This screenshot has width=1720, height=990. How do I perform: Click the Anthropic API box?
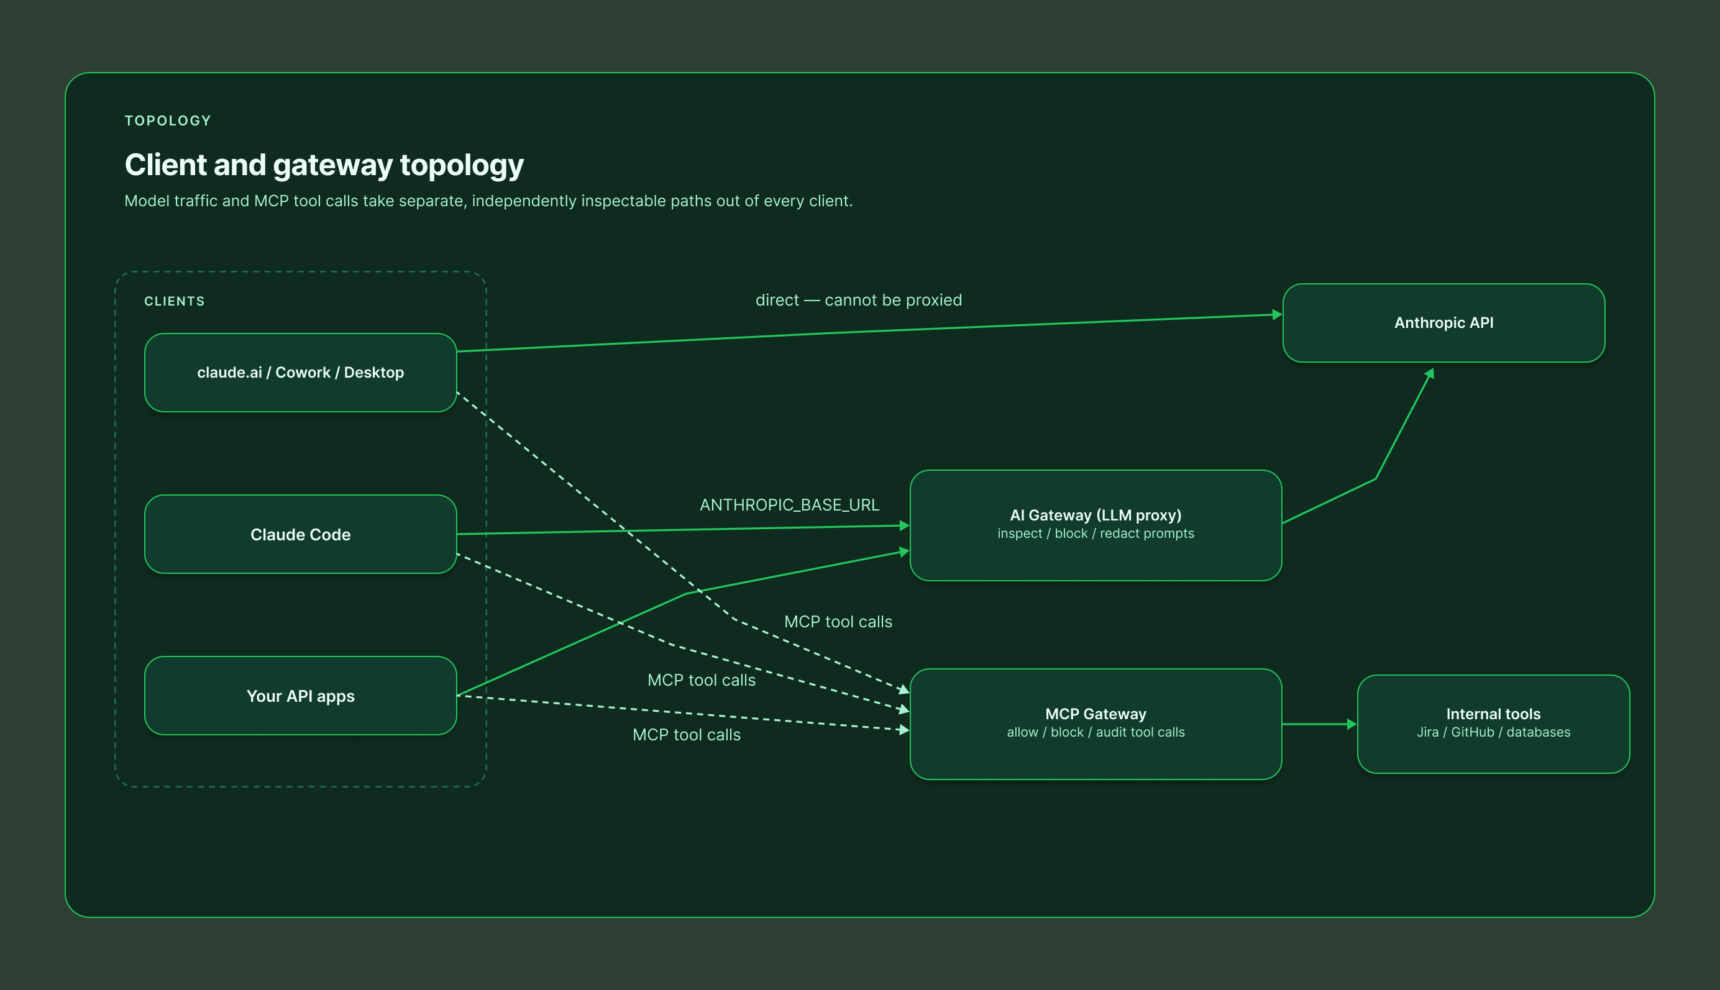coord(1443,323)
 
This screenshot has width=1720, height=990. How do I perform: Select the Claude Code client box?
coord(301,534)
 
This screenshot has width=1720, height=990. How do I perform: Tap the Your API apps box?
coord(301,696)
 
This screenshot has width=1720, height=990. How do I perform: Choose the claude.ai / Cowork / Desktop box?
coord(301,373)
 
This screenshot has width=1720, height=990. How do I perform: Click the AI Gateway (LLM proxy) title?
coord(1096,515)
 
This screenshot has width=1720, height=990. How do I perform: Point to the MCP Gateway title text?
coord(1096,714)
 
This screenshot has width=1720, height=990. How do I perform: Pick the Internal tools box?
coord(1494,724)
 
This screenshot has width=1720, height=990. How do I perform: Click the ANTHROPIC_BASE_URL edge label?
coord(790,505)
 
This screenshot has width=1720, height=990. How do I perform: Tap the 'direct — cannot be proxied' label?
coord(859,301)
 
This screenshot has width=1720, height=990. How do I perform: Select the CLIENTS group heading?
coord(175,301)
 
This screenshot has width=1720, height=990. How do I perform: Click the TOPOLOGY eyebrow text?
coord(168,121)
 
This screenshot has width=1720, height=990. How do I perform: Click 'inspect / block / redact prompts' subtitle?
coord(1096,534)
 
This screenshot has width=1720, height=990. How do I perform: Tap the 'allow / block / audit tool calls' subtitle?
coord(1096,732)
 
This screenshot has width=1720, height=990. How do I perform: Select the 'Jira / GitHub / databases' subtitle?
coord(1494,732)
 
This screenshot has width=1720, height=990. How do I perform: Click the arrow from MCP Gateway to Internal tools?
coord(1319,724)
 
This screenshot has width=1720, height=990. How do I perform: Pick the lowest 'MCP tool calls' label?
coord(687,735)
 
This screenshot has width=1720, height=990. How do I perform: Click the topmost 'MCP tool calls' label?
coord(838,622)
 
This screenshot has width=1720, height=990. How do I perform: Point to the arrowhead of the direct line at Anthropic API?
coord(1277,314)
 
